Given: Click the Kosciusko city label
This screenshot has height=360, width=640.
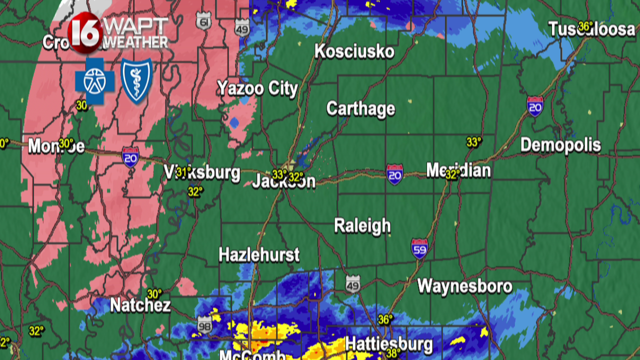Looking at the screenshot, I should click(354, 51).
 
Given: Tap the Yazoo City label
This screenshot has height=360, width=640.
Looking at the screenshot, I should click(257, 88).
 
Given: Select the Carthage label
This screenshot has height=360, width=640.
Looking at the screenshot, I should click(360, 108).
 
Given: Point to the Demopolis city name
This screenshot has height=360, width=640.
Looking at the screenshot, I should click(560, 145).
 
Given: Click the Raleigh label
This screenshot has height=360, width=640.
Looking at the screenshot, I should click(362, 225).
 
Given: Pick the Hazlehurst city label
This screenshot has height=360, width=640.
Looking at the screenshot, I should click(259, 255).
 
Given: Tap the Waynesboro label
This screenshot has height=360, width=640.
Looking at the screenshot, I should click(464, 286).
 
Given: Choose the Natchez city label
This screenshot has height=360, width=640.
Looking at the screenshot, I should click(140, 305).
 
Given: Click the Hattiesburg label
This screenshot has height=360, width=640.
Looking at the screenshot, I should click(388, 344).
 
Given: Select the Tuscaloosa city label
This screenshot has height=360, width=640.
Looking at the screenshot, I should click(591, 29).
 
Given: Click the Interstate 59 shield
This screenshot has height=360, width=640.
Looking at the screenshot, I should click(419, 248).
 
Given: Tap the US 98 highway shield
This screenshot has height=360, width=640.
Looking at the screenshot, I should click(204, 325).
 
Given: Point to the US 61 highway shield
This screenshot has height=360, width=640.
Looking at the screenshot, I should click(203, 21).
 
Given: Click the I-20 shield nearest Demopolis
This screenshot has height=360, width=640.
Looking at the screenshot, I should click(535, 106).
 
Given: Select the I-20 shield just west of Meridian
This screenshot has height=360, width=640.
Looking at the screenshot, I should click(394, 174).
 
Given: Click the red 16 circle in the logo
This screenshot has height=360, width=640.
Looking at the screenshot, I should click(85, 33).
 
